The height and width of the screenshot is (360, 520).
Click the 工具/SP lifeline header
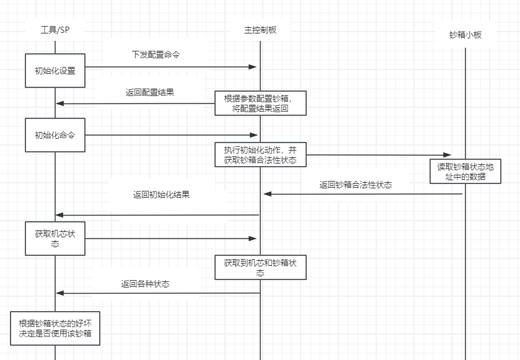pos(55,30)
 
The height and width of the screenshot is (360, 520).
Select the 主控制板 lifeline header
pos(260,30)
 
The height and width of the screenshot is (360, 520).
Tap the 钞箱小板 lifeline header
pos(465,35)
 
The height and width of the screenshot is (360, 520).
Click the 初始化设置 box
pos(55,71)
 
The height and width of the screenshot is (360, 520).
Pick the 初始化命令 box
pos(55,134)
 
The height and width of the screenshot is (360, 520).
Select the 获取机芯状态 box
pos(55,238)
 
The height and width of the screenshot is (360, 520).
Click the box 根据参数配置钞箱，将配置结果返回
pos(260,103)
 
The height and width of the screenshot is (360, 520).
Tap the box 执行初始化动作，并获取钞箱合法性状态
pos(260,155)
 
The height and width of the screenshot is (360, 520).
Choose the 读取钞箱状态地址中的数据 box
pos(465,171)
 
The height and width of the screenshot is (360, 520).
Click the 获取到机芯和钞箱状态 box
pos(260,267)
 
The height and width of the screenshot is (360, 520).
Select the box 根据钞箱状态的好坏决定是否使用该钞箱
pos(55,328)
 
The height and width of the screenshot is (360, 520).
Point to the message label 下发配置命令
pos(156,55)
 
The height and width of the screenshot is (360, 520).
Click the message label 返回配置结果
pos(150,92)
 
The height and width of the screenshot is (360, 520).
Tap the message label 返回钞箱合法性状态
pos(355,184)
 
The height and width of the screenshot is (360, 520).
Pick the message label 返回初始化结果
pos(161,194)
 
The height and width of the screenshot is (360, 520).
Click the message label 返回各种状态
pos(145,284)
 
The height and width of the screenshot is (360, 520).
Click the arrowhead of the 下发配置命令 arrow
pos(253,66)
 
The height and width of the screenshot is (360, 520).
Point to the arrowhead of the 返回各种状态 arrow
pos(60,293)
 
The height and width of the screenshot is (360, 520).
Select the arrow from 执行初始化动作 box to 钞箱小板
pos(378,155)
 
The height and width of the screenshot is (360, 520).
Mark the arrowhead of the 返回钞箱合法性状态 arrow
pos(267,194)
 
